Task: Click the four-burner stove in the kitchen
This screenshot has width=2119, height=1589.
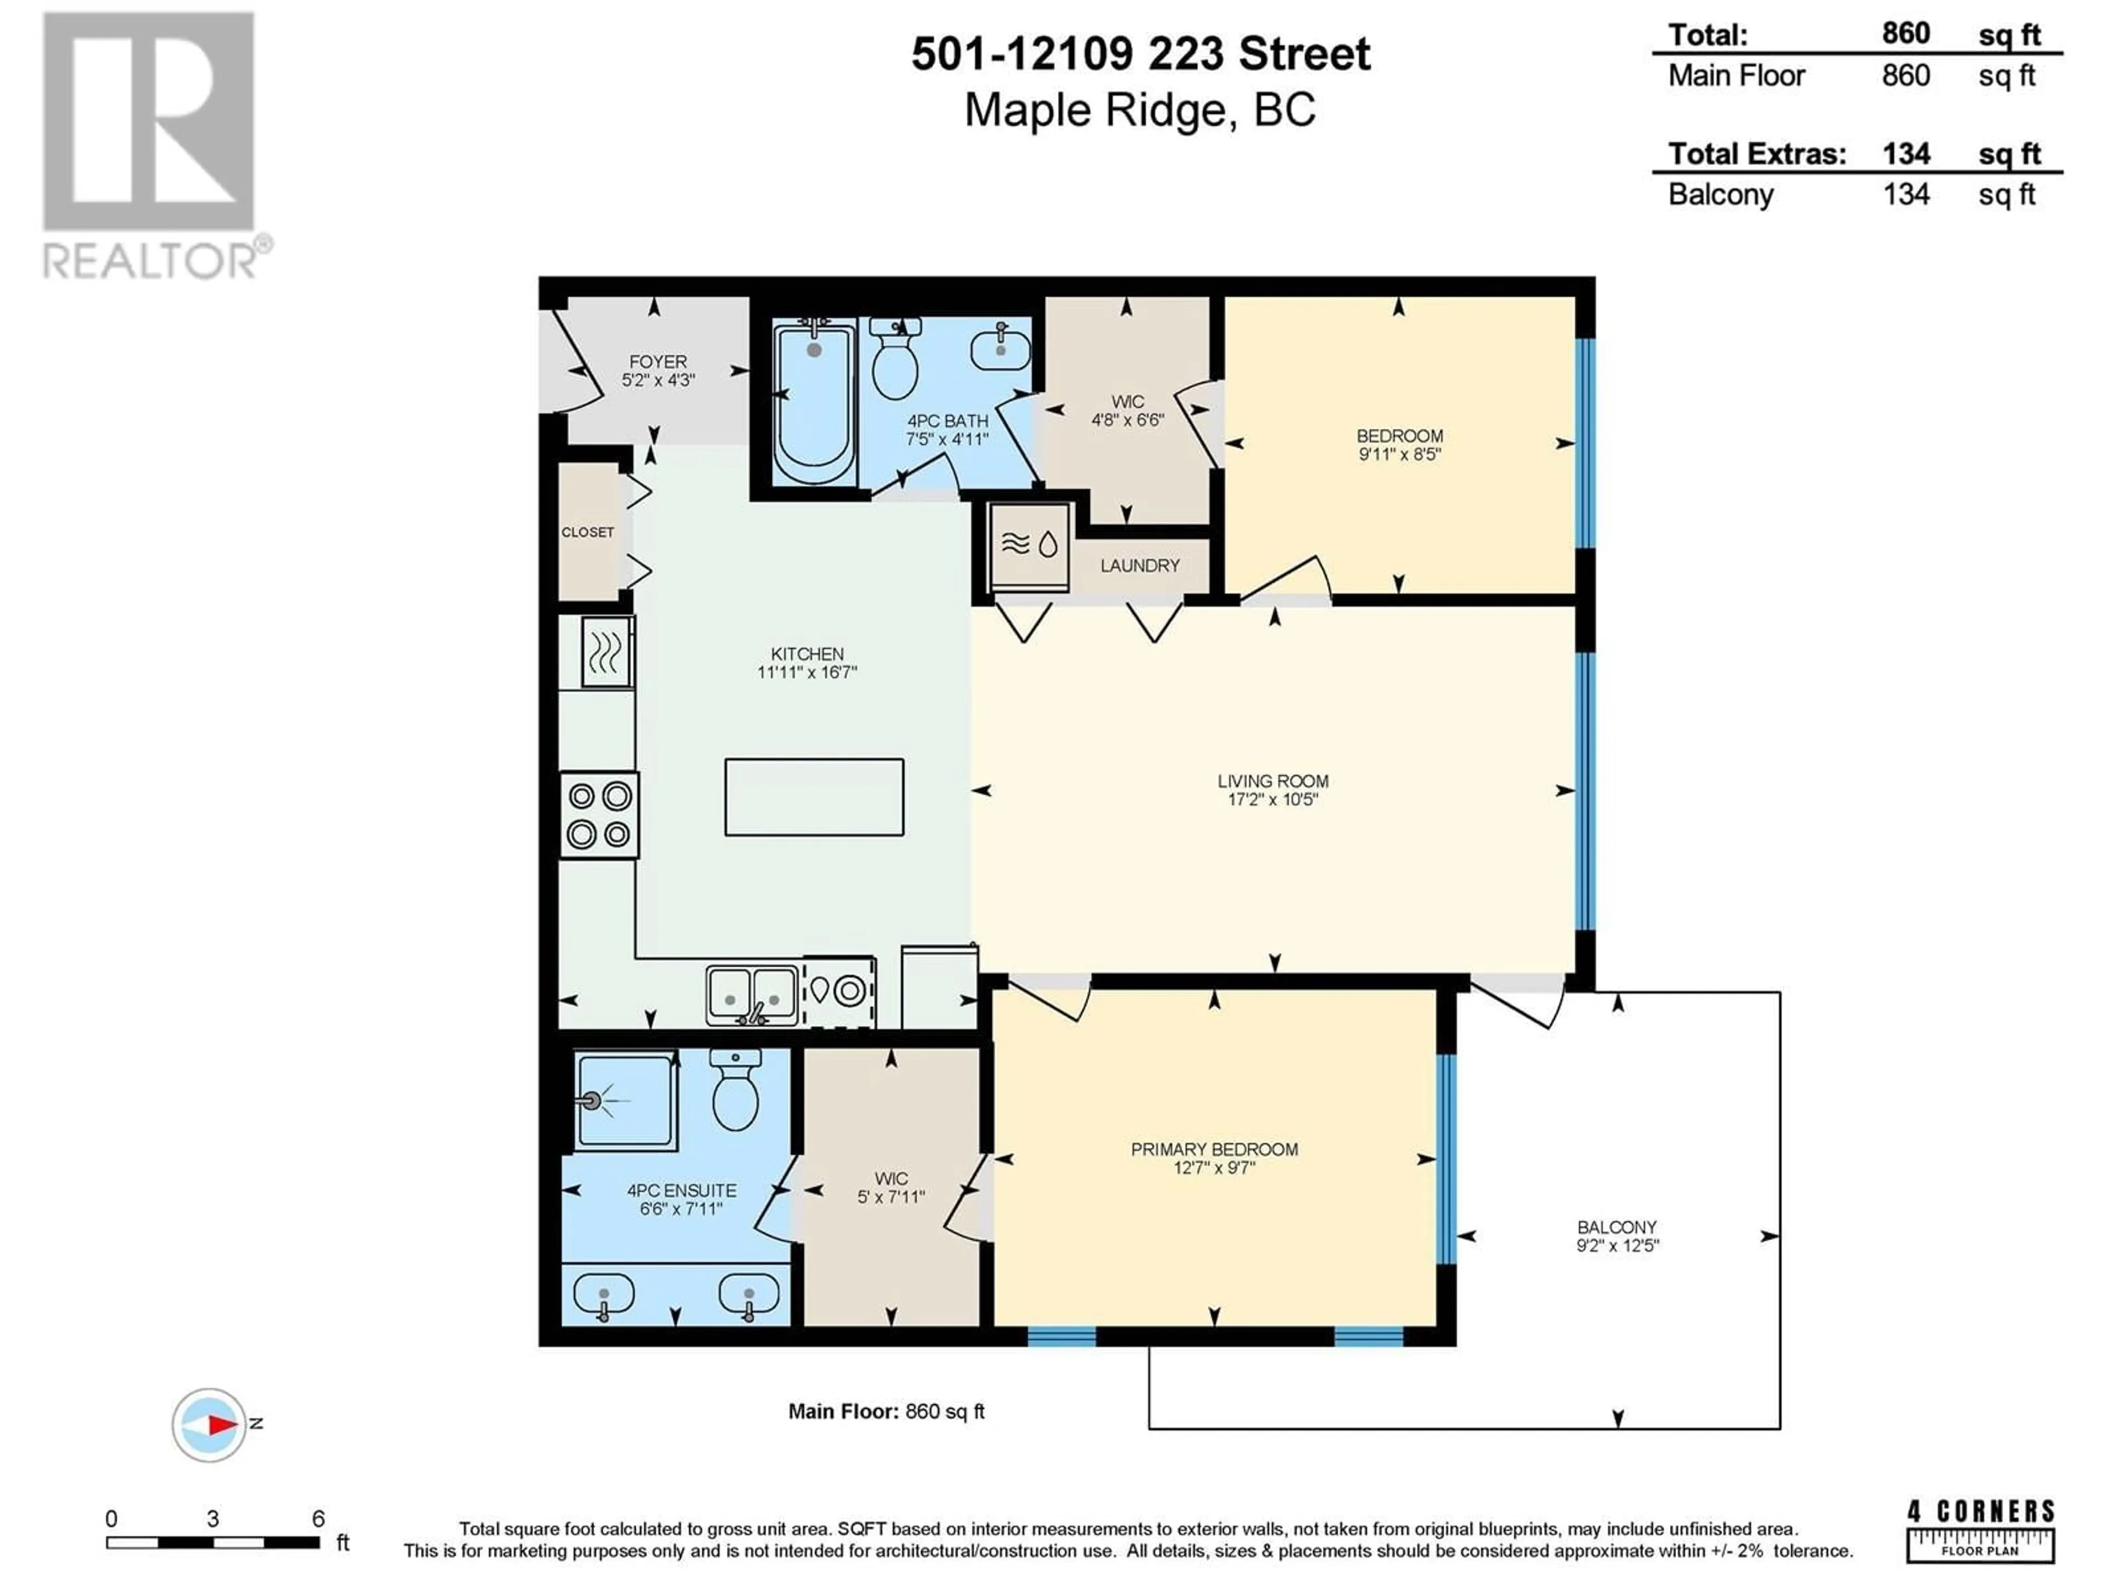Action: pyautogui.click(x=599, y=815)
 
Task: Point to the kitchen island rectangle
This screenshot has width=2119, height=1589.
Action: pyautogui.click(x=814, y=797)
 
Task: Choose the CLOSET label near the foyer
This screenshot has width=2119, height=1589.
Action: pyautogui.click(x=587, y=531)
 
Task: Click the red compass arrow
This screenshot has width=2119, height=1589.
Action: pyautogui.click(x=222, y=1425)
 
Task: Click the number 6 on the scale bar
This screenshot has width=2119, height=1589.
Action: pyautogui.click(x=318, y=1518)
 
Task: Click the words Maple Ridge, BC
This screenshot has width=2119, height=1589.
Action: pyautogui.click(x=1140, y=110)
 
